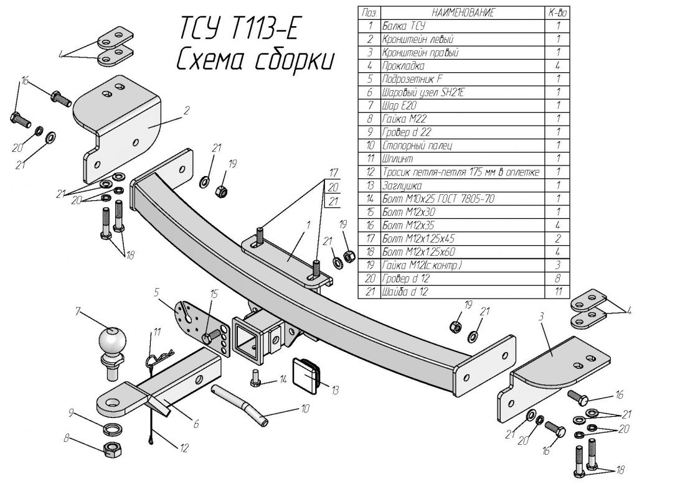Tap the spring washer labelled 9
tap(111, 429)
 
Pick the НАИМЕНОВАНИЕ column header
tap(461, 12)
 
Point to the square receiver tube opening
tap(248, 340)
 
